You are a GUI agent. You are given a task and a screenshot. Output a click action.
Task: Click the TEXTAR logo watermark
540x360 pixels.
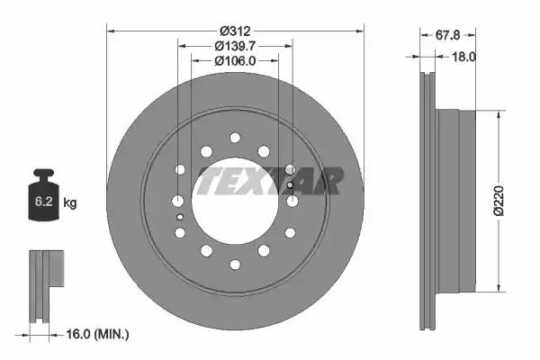point(270,179)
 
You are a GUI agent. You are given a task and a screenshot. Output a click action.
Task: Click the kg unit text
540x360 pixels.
point(70,203)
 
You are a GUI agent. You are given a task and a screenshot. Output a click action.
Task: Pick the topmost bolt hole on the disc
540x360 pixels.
point(235,137)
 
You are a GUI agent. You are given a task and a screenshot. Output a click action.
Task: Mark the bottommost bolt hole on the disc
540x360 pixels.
point(235,264)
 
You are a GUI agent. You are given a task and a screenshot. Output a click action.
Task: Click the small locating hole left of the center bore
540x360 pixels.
point(180,217)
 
